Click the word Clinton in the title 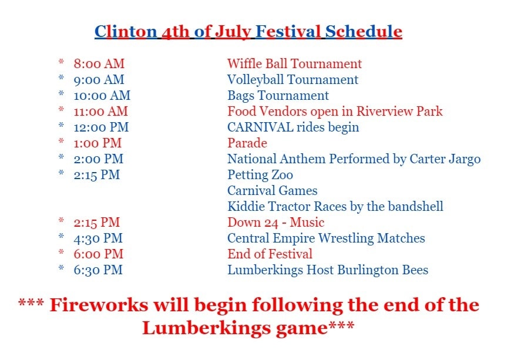click(126, 32)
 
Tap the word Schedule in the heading click(364, 32)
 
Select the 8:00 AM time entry click(99, 63)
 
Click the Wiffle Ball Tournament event click(294, 63)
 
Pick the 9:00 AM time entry click(99, 79)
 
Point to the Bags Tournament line click(278, 96)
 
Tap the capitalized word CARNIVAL click(260, 127)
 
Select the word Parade click(247, 143)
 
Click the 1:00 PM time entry click(98, 143)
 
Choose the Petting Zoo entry click(260, 175)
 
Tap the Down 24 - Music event click(275, 223)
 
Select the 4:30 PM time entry click(98, 238)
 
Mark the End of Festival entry click(270, 254)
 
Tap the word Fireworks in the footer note click(99, 305)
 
